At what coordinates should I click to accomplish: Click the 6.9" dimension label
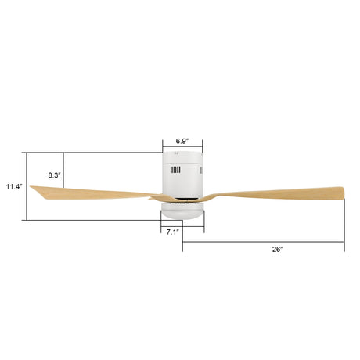pos(182,141)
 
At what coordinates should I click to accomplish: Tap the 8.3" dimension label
pos(54,175)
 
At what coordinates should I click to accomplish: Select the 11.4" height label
pos(14,186)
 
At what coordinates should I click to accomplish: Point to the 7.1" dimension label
pos(173,232)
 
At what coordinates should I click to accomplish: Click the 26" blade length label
pos(277,250)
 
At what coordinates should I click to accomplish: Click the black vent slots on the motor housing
pos(176,170)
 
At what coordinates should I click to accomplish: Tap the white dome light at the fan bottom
pos(182,211)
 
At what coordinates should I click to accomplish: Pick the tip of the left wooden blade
pos(31,186)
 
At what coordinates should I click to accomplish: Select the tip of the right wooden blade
pos(344,193)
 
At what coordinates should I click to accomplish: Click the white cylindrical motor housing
pos(182,175)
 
